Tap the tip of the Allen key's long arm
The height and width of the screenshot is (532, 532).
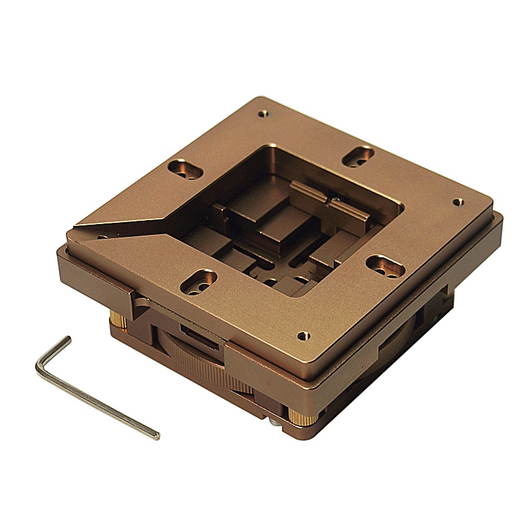[x=156, y=436]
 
